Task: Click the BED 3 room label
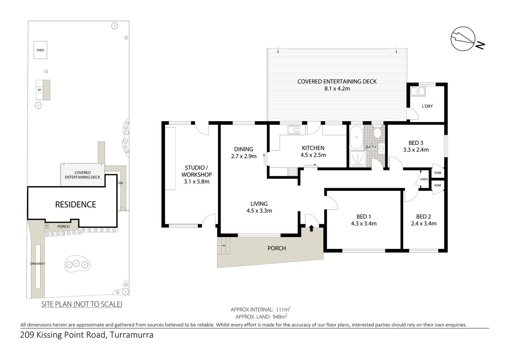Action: click(416, 142)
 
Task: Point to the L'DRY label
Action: click(427, 106)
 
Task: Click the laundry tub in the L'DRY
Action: click(417, 91)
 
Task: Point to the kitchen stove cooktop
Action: click(292, 171)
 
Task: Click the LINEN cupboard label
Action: click(424, 180)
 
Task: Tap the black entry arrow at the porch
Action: click(311, 227)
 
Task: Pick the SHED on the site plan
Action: click(40, 50)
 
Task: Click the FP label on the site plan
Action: click(39, 90)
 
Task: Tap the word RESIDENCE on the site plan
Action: click(75, 204)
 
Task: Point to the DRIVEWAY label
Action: click(37, 264)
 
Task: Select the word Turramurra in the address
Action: click(131, 335)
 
